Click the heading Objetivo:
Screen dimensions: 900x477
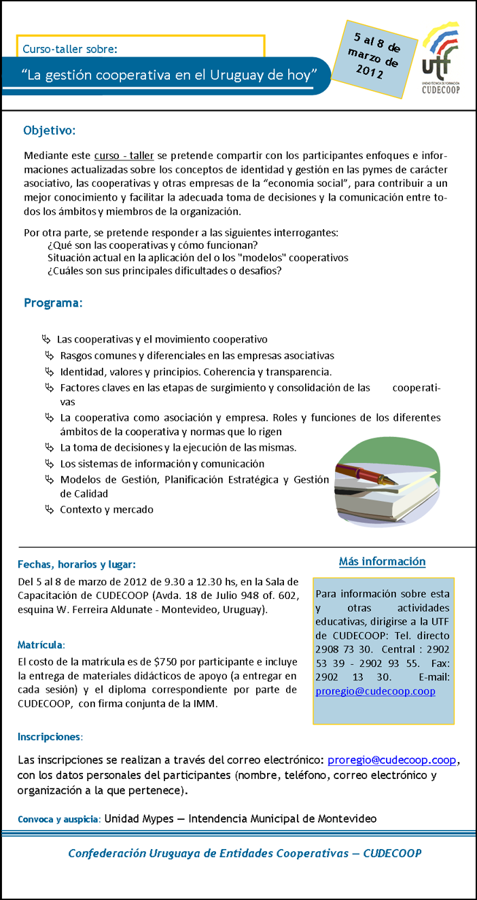50,130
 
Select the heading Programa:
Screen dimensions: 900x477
53,303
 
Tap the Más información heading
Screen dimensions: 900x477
382,561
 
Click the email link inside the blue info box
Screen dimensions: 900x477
376,691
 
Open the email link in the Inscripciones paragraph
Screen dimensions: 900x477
392,759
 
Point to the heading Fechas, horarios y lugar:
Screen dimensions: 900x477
77,564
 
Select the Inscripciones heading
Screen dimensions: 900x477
50,736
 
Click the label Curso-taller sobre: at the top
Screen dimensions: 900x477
70,49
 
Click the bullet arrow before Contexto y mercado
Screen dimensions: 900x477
49,509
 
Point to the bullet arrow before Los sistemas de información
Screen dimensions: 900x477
49,464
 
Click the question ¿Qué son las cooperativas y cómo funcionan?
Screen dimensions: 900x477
152,245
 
